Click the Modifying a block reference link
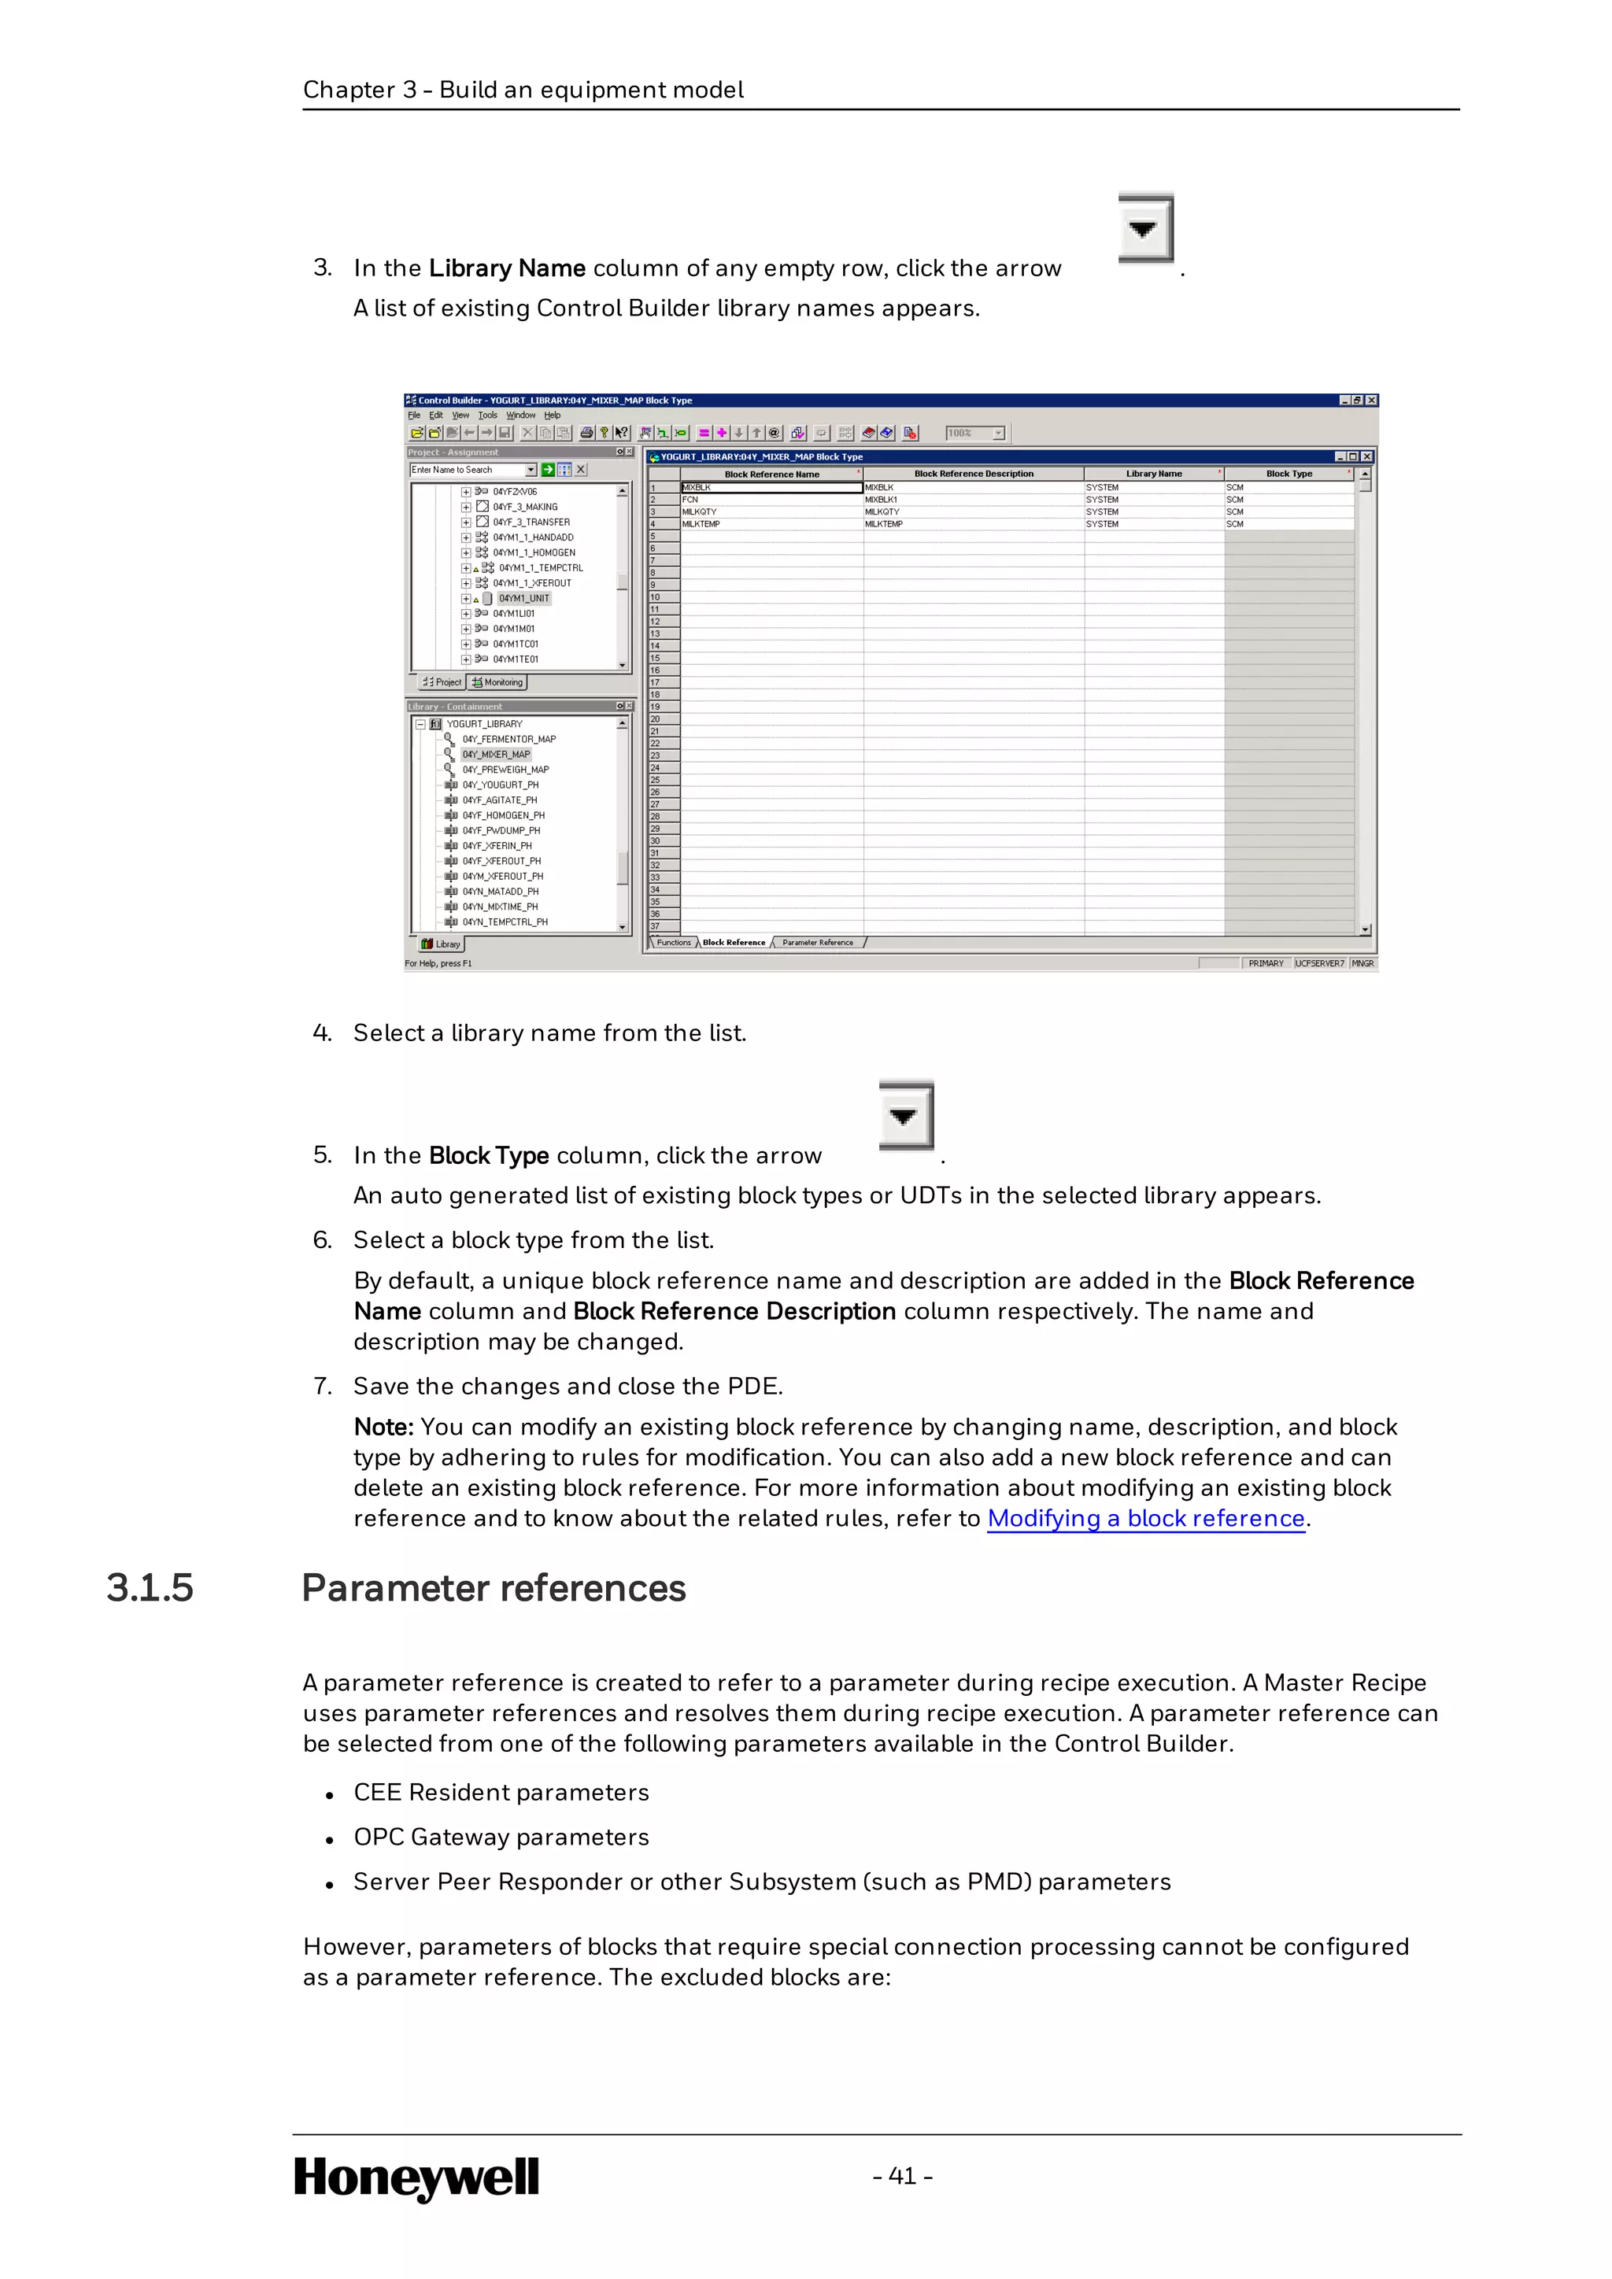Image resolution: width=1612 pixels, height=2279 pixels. [x=1145, y=1519]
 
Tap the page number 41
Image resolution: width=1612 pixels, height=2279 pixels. [x=902, y=2176]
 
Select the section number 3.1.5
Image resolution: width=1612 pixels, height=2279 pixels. [x=150, y=1588]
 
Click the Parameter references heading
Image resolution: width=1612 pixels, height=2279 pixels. [x=494, y=1588]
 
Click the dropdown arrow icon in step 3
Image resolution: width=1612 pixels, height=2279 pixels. [x=1144, y=229]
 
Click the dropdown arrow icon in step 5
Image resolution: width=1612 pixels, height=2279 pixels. [x=904, y=1117]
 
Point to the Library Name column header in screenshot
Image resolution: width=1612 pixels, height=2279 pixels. [x=1153, y=475]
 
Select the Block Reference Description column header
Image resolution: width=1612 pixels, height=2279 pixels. [x=973, y=475]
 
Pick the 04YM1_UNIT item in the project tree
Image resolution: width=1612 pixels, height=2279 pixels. [x=523, y=599]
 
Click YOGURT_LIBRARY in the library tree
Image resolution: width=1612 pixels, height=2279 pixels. [x=483, y=724]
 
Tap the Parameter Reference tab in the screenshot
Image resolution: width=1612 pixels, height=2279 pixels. [x=817, y=943]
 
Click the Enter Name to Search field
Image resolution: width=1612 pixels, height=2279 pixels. [x=467, y=471]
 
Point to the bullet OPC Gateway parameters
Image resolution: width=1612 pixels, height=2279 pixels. [x=501, y=1838]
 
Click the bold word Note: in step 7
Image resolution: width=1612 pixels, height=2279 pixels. [x=383, y=1428]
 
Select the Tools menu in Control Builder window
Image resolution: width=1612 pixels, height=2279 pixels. [x=486, y=416]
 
